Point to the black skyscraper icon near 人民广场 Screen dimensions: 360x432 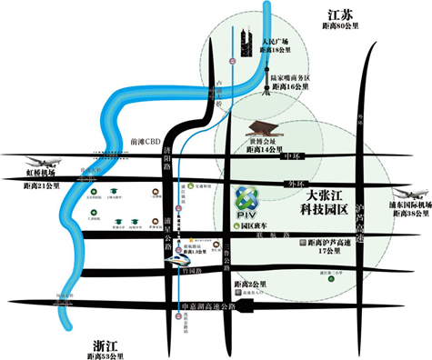(x=246, y=43)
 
